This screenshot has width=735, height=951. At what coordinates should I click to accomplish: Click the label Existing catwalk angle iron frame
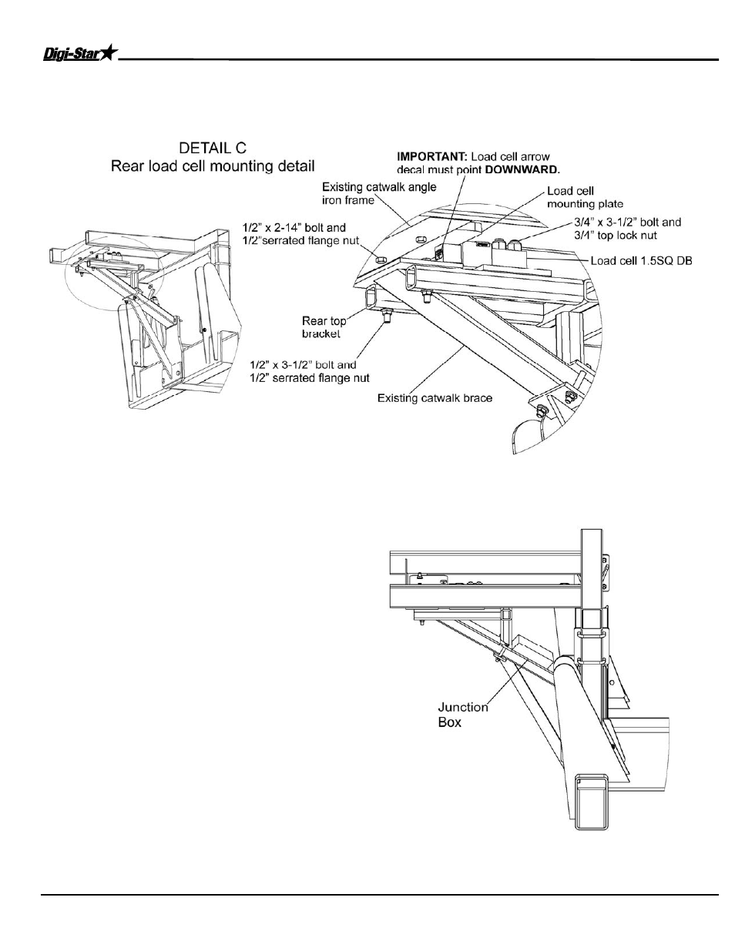[x=378, y=193]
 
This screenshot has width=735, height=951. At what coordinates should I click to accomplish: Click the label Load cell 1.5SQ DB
[x=641, y=260]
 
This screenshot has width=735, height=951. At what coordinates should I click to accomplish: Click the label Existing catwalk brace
[x=435, y=398]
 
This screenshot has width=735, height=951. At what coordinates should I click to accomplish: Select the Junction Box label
[x=463, y=714]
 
